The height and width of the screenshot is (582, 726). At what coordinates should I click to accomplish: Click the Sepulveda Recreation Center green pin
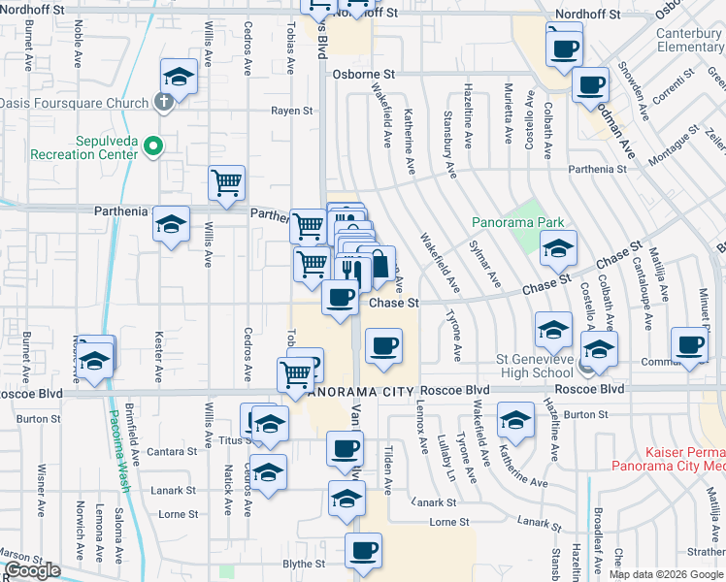[x=152, y=146]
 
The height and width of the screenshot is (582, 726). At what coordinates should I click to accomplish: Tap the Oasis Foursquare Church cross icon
[x=165, y=102]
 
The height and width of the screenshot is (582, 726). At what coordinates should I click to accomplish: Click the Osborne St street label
[x=364, y=74]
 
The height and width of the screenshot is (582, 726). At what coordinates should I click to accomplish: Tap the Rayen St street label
[x=290, y=111]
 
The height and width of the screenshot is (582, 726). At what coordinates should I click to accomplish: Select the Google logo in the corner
[x=32, y=570]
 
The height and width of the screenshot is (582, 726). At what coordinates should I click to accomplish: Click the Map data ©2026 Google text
[x=667, y=574]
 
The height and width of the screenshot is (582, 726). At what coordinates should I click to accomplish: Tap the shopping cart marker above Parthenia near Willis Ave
[x=227, y=181]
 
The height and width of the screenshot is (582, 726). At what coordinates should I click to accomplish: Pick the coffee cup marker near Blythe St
[x=364, y=550]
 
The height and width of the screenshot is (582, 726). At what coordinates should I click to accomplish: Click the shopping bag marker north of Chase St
[x=377, y=263]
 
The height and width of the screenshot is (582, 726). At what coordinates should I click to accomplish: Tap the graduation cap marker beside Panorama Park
[x=558, y=250]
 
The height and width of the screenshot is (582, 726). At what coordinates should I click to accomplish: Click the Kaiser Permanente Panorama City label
[x=669, y=459]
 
